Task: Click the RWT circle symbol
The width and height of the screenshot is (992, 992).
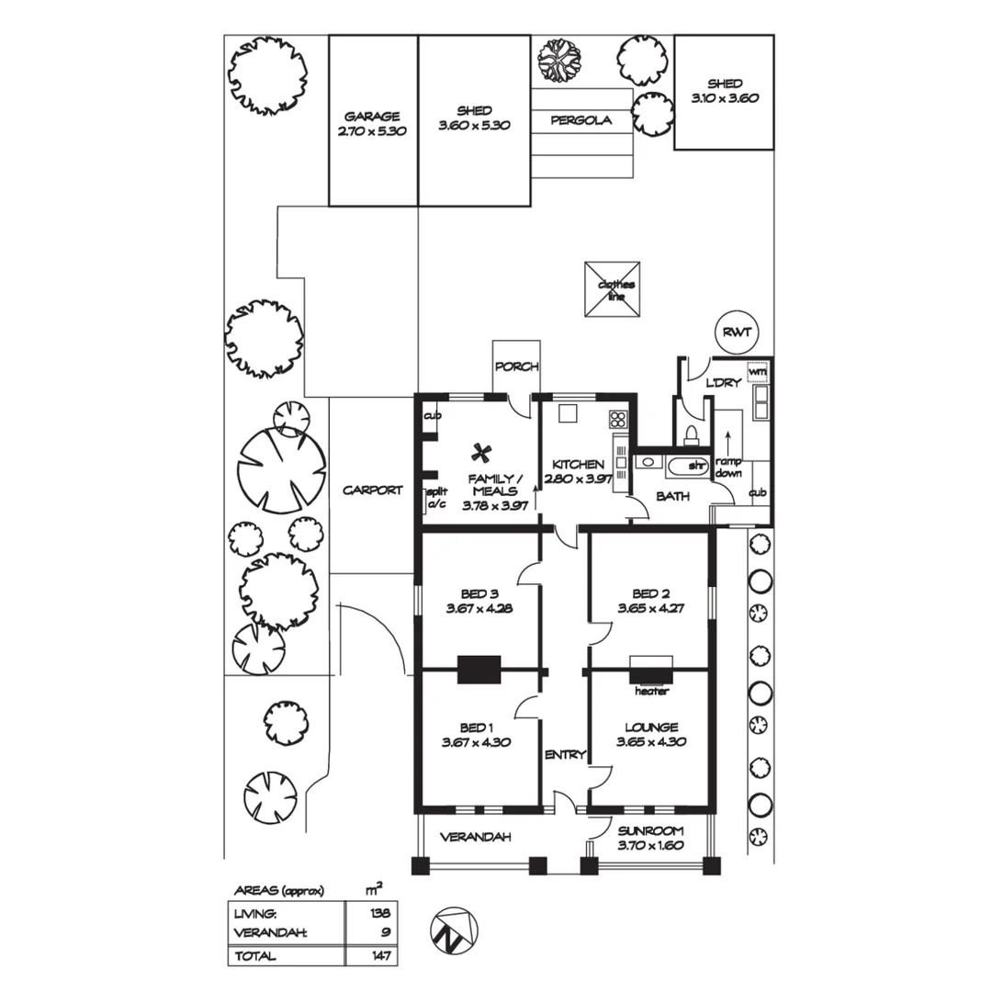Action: (737, 333)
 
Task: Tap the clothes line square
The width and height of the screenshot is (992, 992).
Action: (613, 289)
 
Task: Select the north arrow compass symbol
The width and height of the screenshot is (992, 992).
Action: (454, 931)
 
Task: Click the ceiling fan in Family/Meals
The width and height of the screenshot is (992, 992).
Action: (482, 453)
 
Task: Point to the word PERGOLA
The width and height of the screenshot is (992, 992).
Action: (581, 120)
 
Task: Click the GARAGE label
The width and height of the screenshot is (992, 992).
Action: (372, 117)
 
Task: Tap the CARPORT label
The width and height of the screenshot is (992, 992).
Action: (373, 490)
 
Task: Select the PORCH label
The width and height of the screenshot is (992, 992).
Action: (517, 366)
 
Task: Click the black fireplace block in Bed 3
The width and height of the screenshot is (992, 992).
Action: (479, 670)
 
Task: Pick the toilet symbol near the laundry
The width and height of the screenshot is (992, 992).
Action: (692, 434)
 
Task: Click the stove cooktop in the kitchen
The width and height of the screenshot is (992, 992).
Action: (618, 419)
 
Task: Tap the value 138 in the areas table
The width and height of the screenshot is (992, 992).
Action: (380, 913)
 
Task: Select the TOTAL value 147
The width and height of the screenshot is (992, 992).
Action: (381, 956)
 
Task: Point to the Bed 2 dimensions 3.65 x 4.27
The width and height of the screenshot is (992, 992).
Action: (650, 609)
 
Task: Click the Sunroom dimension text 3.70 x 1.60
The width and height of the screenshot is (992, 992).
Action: (650, 845)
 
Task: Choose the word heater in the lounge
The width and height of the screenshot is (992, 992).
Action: (651, 692)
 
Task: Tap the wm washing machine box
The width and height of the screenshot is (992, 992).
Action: (758, 371)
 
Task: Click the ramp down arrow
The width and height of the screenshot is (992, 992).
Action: (728, 445)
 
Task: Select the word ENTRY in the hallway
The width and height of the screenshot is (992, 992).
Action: (565, 755)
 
